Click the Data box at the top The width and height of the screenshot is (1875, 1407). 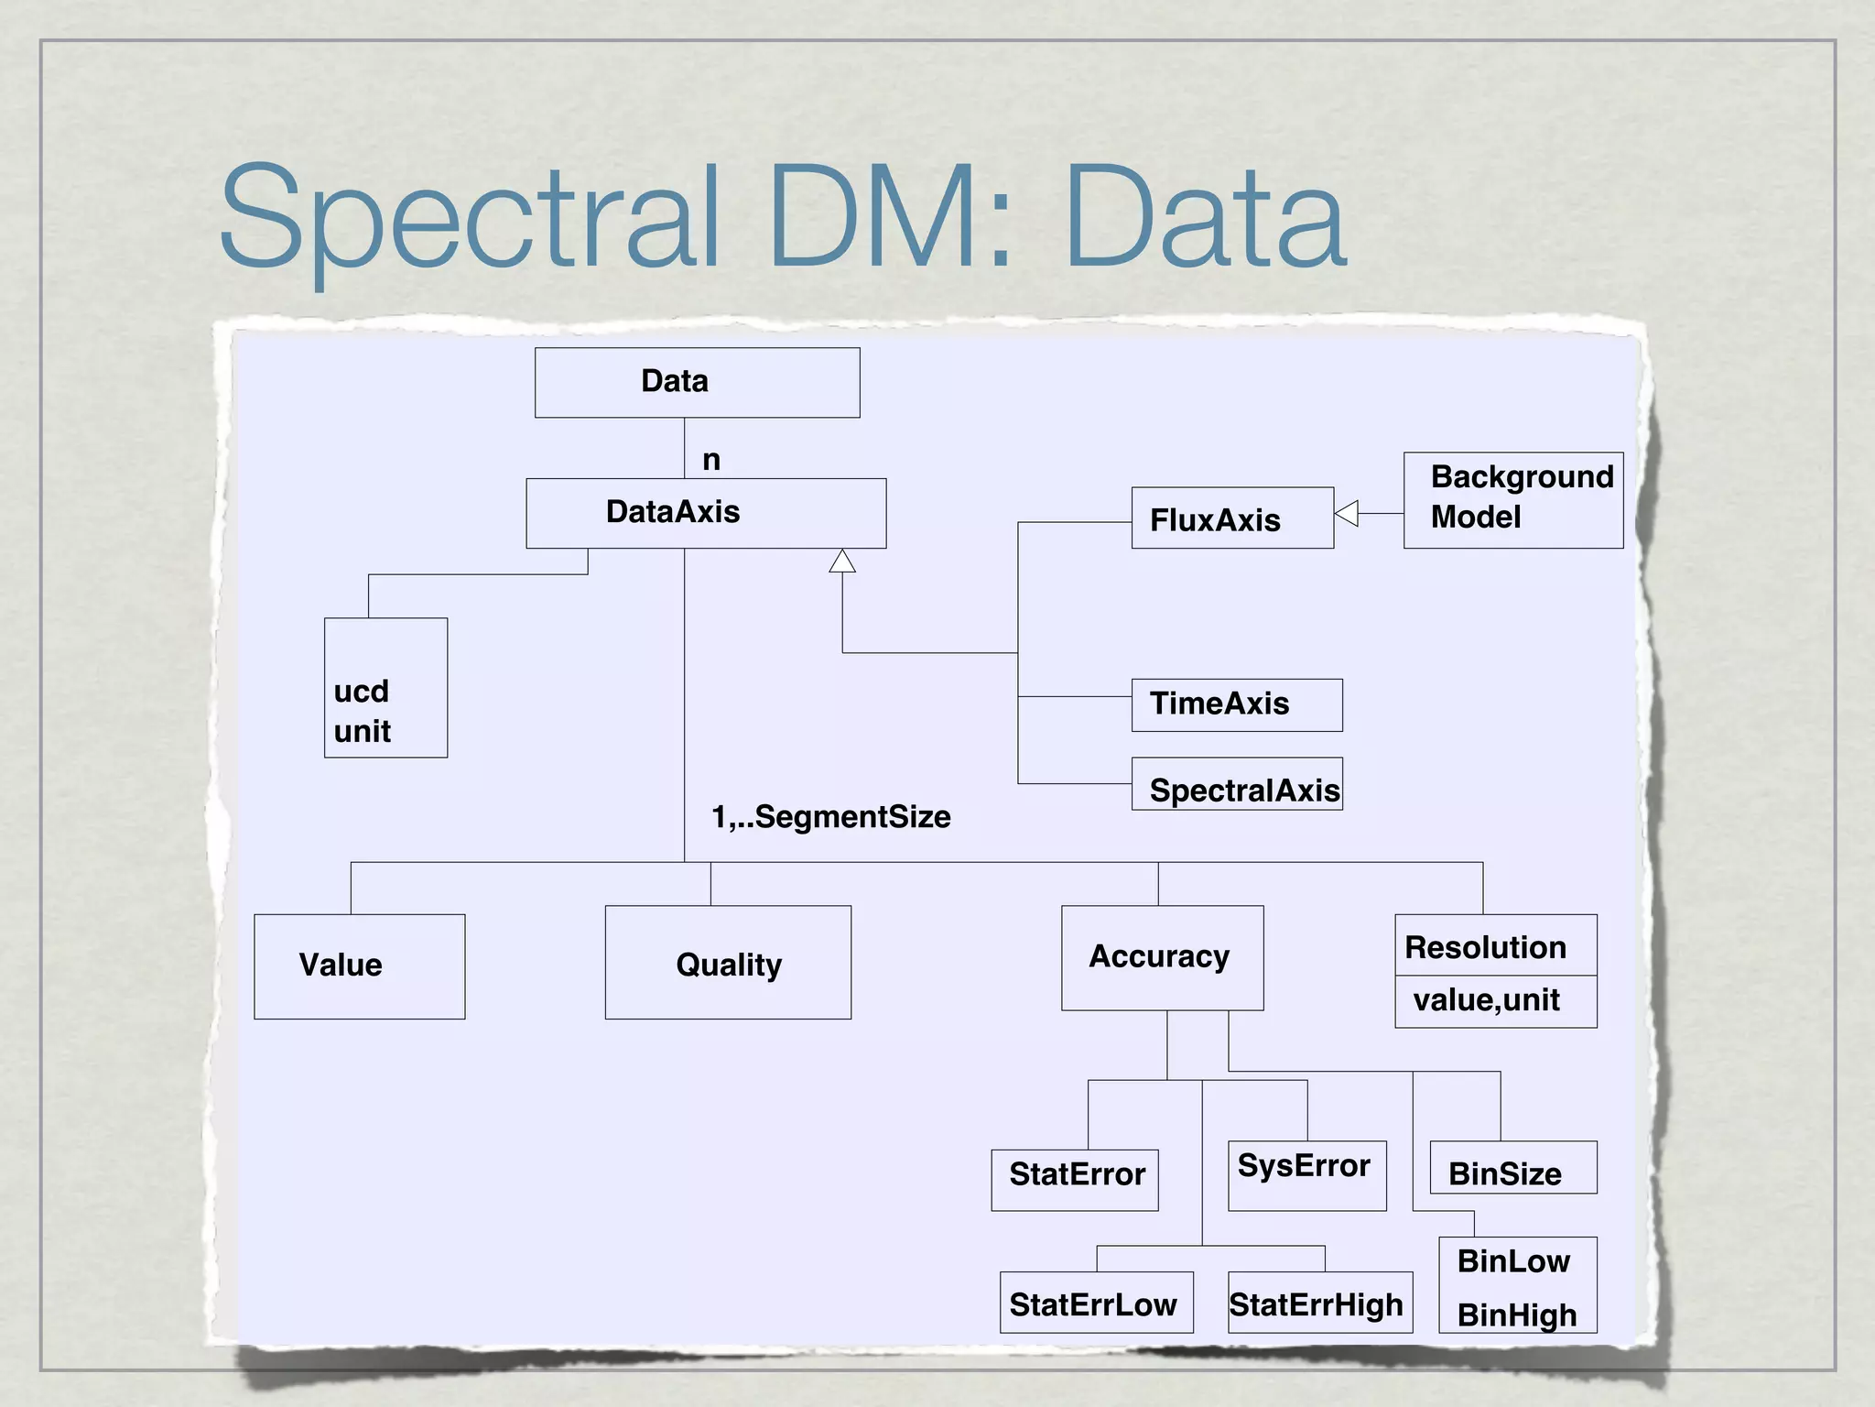pos(697,382)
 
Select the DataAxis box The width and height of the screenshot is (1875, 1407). pos(705,513)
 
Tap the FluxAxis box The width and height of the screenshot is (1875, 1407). pos(1231,518)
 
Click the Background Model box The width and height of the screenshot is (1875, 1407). pos(1512,499)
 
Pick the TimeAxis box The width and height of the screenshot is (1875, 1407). pos(1236,704)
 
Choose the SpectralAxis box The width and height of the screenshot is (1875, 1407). pos(1236,784)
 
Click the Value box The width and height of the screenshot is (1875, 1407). pos(359,965)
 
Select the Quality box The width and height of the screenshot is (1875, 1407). pos(728,962)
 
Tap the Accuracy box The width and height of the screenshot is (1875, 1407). pos(1162,957)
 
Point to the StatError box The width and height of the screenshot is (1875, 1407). pos(1074,1179)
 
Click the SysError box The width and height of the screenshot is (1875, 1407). pos(1306,1174)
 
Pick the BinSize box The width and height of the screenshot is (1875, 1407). pos(1512,1168)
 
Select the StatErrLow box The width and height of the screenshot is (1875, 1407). pos(1096,1302)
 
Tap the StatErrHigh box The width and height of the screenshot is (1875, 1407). pos(1319,1302)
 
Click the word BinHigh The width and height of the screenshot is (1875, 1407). pos(1517,1315)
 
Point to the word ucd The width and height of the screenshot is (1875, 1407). pos(361,691)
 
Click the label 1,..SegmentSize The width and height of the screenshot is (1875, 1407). pos(830,816)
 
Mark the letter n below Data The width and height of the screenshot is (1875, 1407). pos(711,460)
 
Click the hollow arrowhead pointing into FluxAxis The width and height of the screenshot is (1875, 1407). pos(1347,513)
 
